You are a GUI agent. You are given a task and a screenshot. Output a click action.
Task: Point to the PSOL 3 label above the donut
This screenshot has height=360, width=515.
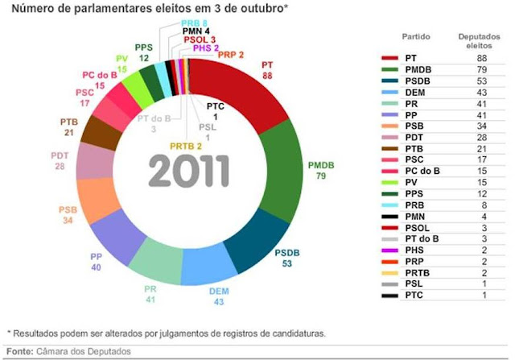point(199,38)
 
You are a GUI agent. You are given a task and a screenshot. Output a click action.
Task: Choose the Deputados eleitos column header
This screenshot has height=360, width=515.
point(475,43)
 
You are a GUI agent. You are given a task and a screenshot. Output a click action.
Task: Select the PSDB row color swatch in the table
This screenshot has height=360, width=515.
point(390,81)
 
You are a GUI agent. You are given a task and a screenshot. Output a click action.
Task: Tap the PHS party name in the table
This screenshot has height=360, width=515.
point(414,250)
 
